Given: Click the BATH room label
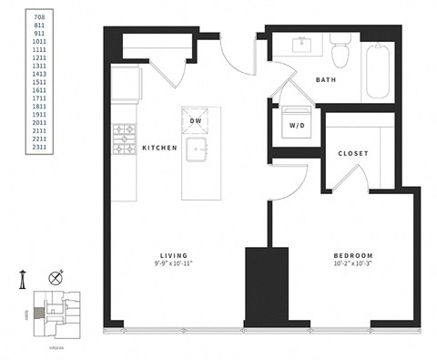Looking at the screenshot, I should (325, 80).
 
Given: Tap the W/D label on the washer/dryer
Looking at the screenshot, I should (295, 125).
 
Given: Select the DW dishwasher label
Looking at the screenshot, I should (195, 120).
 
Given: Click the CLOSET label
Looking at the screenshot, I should (352, 153).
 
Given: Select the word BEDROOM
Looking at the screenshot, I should (352, 255).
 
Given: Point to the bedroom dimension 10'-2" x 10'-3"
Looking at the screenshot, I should (352, 264).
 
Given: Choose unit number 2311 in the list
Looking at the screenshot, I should (39, 146).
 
